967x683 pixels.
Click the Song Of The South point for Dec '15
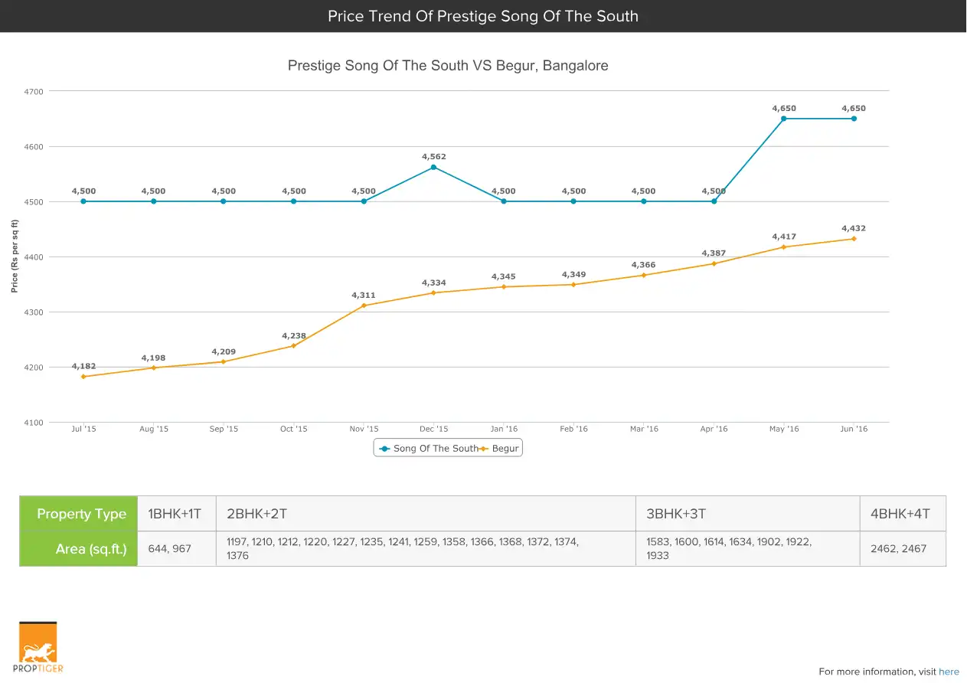[433, 167]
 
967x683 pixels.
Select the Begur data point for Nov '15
[364, 306]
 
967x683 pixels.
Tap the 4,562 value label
[433, 157]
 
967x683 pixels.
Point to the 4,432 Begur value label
[854, 228]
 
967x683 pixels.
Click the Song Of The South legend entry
[429, 449]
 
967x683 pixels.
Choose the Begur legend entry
[501, 449]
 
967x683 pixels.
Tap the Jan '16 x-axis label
[503, 429]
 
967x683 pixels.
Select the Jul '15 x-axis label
[83, 429]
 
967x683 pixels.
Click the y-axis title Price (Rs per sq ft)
[15, 256]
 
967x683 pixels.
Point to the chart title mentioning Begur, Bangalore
[448, 66]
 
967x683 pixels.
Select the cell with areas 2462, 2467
[898, 549]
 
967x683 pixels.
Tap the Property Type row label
[81, 514]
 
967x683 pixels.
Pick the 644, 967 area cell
[170, 549]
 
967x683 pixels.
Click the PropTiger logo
[38, 648]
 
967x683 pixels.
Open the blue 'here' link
[949, 672]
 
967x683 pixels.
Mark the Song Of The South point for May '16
[784, 119]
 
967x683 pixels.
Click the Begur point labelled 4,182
[83, 377]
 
